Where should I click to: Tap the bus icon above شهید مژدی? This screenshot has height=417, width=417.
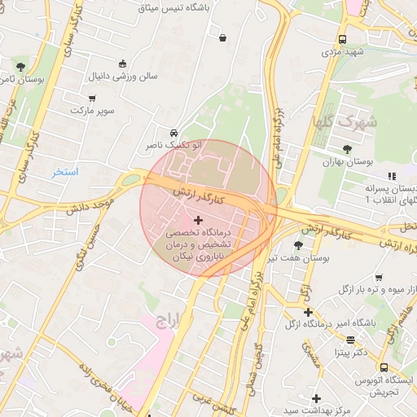342,38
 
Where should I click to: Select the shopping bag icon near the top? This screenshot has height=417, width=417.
222,37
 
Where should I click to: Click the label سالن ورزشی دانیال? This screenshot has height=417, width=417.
123,77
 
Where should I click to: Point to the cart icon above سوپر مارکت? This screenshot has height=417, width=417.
91,96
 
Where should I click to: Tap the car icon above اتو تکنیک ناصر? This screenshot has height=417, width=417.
173,133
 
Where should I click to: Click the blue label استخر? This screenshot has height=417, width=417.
65,172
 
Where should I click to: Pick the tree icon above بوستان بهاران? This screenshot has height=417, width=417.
348,149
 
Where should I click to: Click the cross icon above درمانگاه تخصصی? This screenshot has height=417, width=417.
199,220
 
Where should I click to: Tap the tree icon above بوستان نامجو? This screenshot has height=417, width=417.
20,67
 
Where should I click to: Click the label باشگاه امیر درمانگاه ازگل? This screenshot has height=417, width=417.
353,323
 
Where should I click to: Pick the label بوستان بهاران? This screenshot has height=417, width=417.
347,162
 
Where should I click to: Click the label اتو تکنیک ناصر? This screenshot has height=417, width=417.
173,145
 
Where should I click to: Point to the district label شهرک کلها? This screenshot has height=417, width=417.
354,124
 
